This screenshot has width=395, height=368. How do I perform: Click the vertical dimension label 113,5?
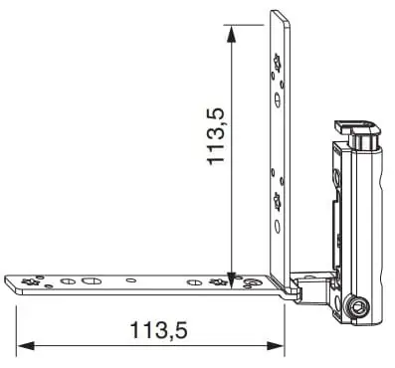[216, 136]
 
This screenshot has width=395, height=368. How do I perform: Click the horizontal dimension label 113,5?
[159, 330]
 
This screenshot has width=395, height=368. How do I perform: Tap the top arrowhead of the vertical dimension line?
[231, 34]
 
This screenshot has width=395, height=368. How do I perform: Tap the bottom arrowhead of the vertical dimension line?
[231, 276]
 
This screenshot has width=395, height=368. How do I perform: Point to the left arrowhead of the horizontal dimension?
[26, 346]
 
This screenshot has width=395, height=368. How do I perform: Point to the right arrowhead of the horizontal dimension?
[276, 346]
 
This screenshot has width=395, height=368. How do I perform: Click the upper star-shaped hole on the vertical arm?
[277, 64]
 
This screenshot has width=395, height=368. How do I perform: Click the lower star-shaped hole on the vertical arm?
[277, 201]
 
